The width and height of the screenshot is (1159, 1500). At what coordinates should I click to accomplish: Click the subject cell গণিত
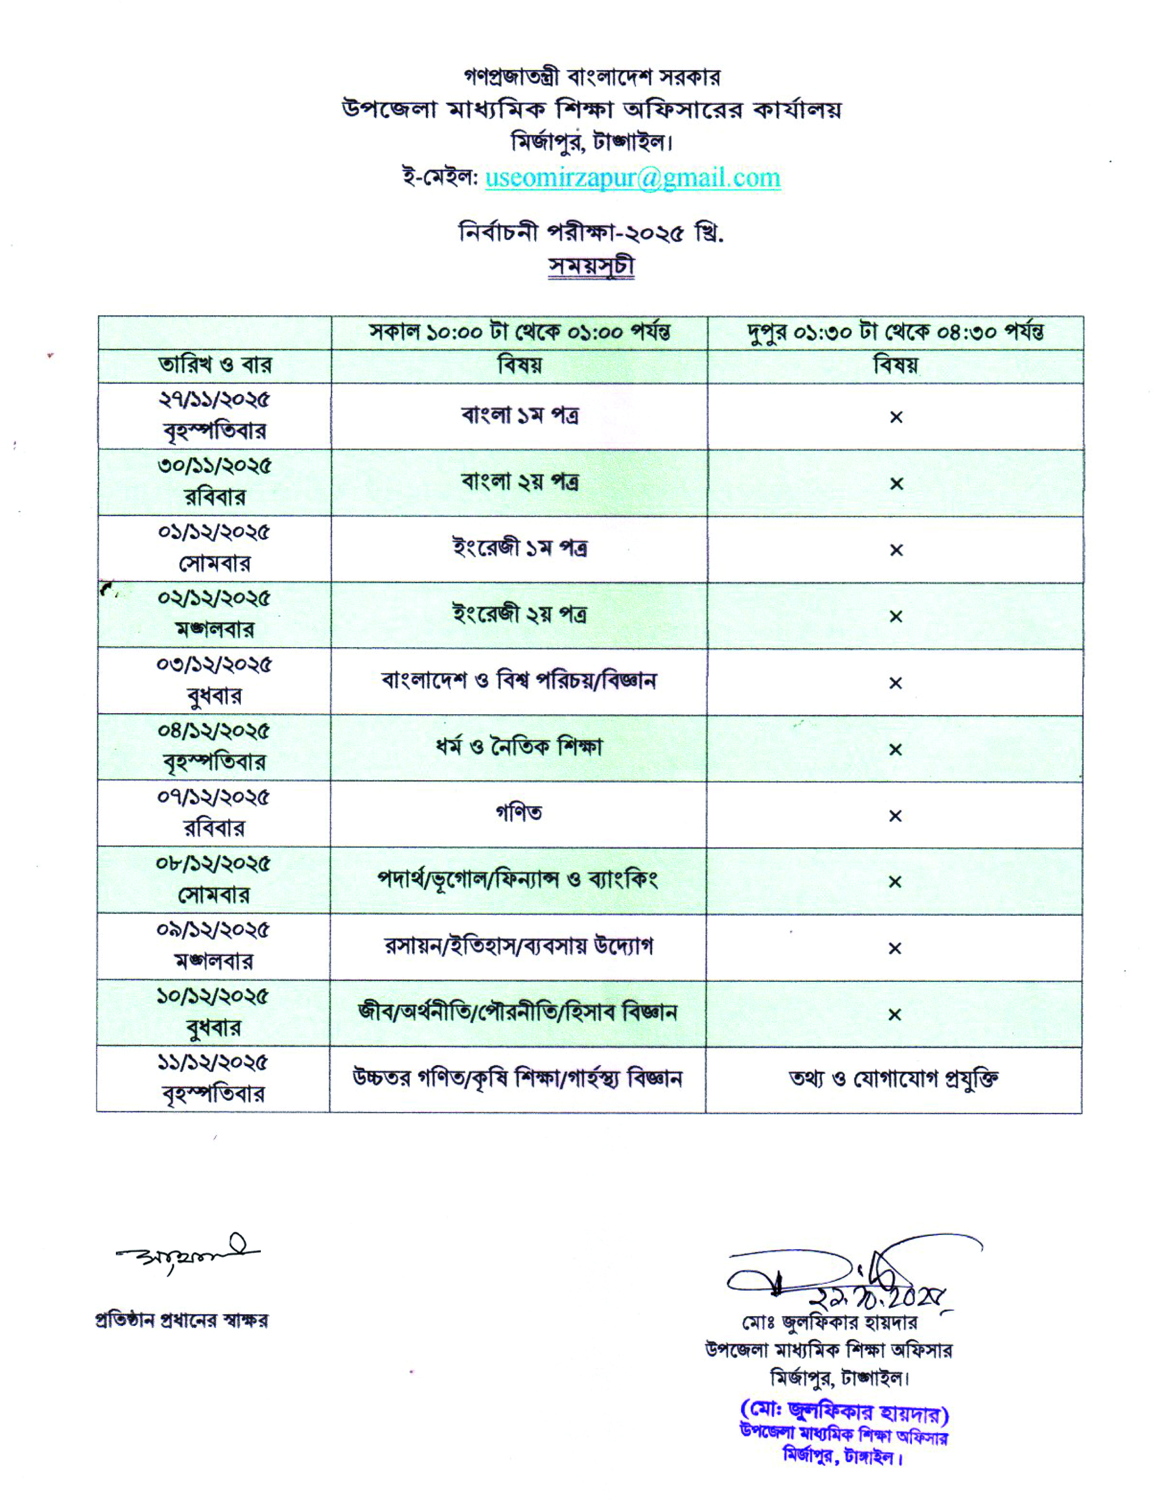(x=519, y=813)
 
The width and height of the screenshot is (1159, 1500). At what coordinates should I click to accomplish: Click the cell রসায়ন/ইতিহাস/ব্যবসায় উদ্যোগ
(x=519, y=946)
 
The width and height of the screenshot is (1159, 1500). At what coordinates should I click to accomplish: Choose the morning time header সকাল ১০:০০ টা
(x=520, y=332)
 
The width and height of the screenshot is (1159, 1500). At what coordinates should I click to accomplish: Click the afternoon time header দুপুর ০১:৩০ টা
(x=895, y=332)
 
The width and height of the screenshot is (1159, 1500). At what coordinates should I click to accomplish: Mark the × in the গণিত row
(x=894, y=816)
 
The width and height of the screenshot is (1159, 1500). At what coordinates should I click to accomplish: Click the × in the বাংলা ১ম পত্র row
(x=896, y=417)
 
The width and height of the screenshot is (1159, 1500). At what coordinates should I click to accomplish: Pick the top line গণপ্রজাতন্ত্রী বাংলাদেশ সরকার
(x=592, y=78)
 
